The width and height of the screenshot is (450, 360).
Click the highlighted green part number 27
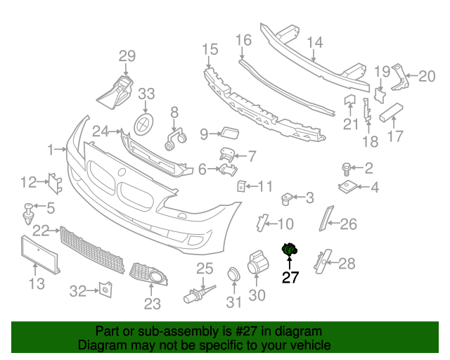289,249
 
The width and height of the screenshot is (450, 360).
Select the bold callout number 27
290,278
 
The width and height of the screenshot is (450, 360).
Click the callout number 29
127,56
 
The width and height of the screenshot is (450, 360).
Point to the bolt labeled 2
347,168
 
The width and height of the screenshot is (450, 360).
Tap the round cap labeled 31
232,275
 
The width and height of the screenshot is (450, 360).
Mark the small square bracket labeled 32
104,289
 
